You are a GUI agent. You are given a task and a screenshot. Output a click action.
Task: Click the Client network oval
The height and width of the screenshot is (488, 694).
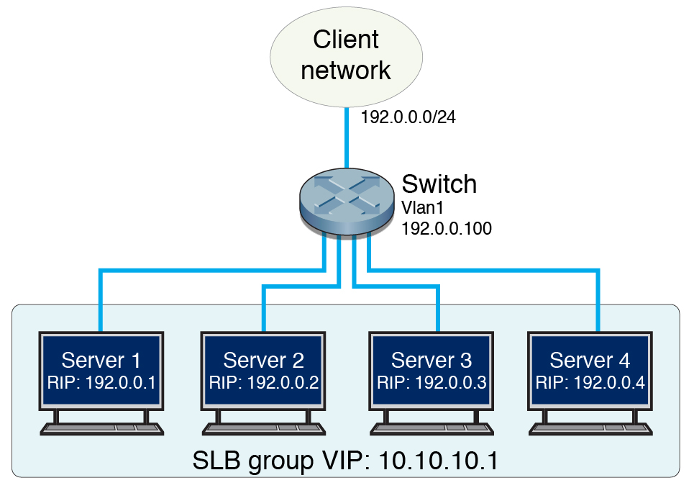coord(345,55)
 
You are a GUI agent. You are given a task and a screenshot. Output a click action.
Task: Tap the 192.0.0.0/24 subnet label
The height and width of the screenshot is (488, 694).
coord(408,117)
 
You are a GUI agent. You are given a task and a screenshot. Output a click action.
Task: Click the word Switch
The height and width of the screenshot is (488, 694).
coord(439,184)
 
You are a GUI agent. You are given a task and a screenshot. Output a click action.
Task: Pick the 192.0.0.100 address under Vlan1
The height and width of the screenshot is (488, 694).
coord(446,230)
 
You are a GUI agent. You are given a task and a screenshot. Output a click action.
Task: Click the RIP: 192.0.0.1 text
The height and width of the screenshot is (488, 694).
coord(101,381)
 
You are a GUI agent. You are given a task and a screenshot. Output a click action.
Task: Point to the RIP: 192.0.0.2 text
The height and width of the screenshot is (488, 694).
coord(263,381)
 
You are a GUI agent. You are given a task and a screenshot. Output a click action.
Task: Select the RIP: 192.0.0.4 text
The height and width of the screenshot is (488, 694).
coord(590,381)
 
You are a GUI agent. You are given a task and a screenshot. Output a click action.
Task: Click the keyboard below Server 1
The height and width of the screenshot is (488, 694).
coord(101,428)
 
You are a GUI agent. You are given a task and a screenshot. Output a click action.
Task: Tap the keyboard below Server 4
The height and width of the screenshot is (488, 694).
coord(590,428)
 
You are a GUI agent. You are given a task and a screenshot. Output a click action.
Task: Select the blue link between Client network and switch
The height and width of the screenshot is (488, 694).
coord(347,137)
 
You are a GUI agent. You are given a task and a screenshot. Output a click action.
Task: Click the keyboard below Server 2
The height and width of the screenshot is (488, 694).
coord(263,428)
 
